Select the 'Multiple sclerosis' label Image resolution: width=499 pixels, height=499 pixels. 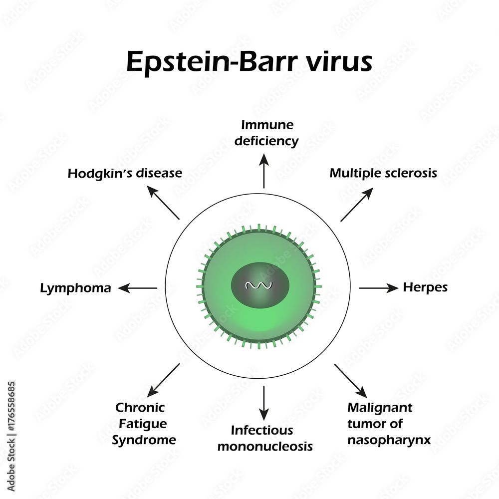tap(383, 173)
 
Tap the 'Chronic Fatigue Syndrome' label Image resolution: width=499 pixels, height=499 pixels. tap(145, 424)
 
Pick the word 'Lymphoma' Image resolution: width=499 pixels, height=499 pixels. tap(76, 288)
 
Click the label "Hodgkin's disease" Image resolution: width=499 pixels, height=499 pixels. tap(125, 174)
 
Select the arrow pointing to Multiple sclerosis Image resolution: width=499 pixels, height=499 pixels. tap(356, 205)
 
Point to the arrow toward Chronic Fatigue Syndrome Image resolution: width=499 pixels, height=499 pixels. tap(164, 380)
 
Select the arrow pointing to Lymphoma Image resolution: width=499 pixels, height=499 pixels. tap(137, 288)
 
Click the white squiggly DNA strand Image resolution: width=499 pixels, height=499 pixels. tap(257, 286)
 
